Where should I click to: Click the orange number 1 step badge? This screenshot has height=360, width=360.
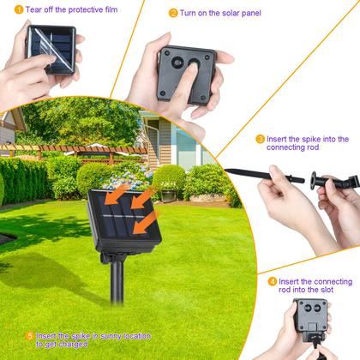pyautogui.click(x=19, y=9)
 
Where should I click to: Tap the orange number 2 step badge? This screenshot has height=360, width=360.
pyautogui.click(x=173, y=13)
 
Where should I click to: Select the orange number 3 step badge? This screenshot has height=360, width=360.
pyautogui.click(x=260, y=140)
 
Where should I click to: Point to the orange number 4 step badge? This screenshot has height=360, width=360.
pyautogui.click(x=273, y=282)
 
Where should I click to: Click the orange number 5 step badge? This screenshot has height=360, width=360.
pyautogui.click(x=29, y=336)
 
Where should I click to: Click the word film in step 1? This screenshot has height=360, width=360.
pyautogui.click(x=111, y=9)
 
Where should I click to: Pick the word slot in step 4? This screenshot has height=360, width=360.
pyautogui.click(x=326, y=290)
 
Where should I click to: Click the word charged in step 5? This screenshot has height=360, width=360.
pyautogui.click(x=72, y=345)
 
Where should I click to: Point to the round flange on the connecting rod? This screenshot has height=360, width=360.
pyautogui.click(x=314, y=181)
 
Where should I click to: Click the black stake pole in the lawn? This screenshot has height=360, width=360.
pyautogui.click(x=117, y=281)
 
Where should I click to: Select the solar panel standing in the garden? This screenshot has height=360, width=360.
pyautogui.click(x=124, y=220)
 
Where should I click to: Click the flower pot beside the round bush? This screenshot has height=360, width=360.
pyautogui.click(x=169, y=195)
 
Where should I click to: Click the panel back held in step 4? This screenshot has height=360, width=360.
pyautogui.click(x=310, y=315)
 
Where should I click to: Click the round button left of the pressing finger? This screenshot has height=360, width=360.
pyautogui.click(x=177, y=63)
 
